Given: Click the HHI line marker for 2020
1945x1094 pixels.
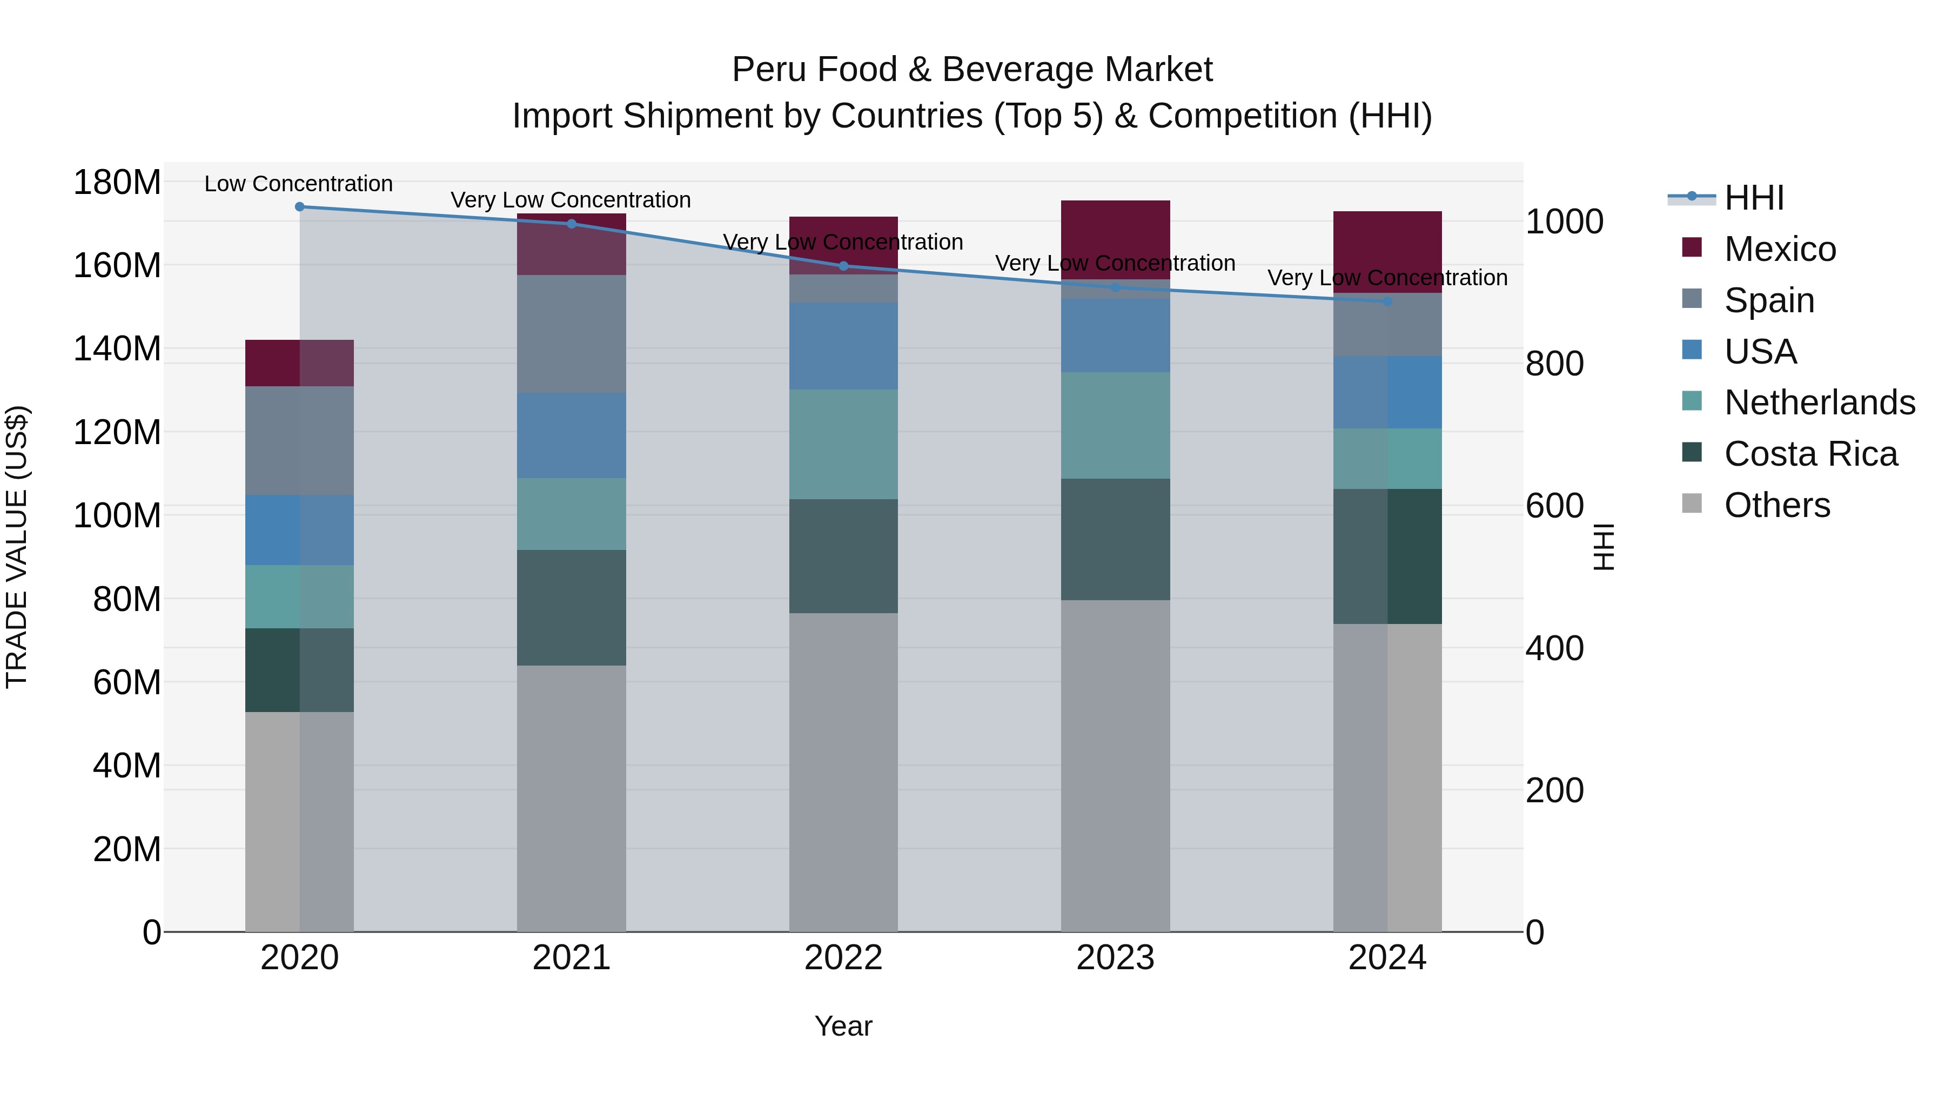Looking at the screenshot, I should coord(300,206).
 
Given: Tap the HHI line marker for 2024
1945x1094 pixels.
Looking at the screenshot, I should coord(1387,301).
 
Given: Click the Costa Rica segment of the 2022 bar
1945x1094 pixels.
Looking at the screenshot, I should coord(843,556).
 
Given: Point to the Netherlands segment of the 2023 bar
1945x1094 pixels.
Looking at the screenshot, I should coord(1115,425).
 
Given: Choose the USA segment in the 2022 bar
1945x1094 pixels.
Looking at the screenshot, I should coord(843,346).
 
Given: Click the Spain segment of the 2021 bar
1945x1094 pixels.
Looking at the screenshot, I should coord(572,334).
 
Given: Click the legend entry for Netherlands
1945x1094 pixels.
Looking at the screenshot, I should coord(1820,402).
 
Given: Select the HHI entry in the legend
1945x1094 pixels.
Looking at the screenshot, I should coord(1753,198).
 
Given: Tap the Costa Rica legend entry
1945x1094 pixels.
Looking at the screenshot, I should coord(1810,454).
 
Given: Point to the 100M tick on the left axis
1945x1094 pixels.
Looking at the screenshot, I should coord(117,516).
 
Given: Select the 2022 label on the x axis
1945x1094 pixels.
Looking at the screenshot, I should coord(843,958).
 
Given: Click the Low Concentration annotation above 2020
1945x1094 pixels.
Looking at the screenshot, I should coord(298,184).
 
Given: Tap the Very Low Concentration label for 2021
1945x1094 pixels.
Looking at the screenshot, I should coord(571,200).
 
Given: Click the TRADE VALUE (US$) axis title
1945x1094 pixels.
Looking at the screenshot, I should coord(17,547).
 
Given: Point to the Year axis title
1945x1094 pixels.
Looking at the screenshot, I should coord(843,1026).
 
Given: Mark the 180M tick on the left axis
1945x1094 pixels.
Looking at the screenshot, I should coord(117,183).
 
